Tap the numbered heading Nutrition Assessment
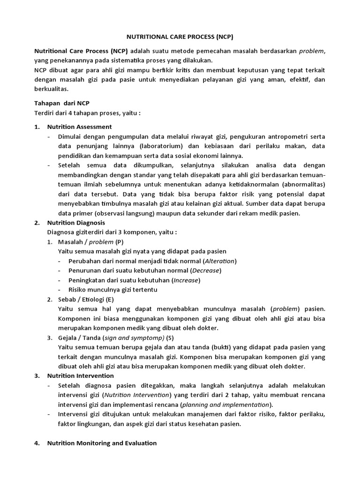[79, 127]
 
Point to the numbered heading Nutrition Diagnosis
[76, 223]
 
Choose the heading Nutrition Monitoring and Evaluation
[102, 442]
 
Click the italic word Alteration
[220, 261]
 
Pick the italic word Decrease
[206, 270]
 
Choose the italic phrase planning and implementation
[220, 405]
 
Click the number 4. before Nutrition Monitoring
[37, 442]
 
